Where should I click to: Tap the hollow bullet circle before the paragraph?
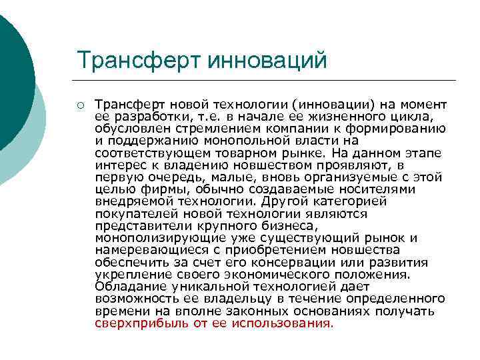(x=80, y=105)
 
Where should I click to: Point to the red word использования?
(x=281, y=324)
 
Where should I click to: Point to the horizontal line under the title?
(x=267, y=81)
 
